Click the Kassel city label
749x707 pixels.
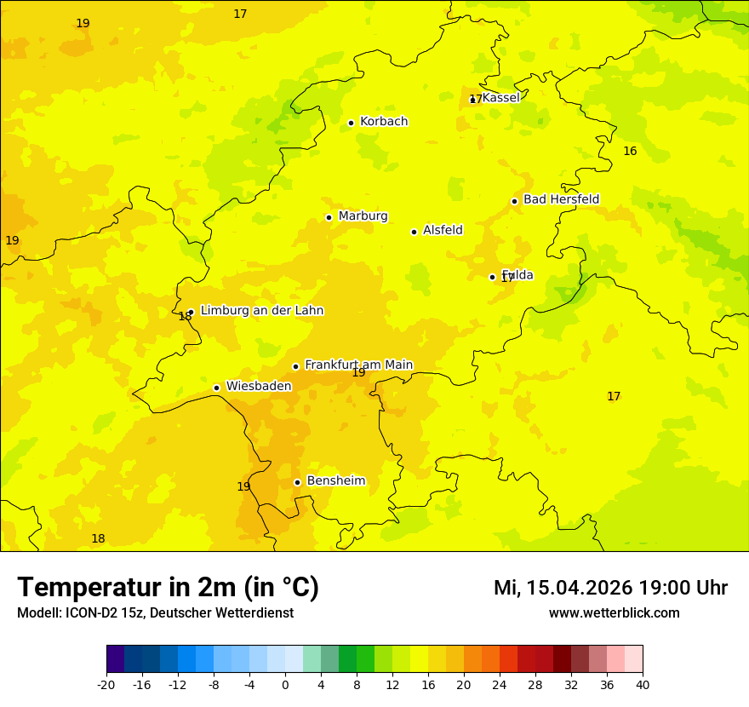coord(500,98)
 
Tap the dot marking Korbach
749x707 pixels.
coord(351,123)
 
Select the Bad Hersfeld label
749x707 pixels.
coord(561,199)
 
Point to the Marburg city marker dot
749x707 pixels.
coord(329,217)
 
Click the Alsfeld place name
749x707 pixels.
coord(443,230)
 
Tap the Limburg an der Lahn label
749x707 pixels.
coord(261,311)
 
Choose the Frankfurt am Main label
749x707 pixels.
coord(358,365)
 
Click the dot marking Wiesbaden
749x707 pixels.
coord(216,388)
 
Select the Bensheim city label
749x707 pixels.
coord(335,480)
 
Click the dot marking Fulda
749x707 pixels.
coord(492,277)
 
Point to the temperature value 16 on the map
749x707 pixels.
coord(630,151)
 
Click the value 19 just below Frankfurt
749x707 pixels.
coord(358,373)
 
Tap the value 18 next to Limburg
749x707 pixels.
coord(184,317)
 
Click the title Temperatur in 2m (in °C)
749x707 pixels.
coord(168,587)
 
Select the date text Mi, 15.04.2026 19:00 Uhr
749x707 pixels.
coord(610,588)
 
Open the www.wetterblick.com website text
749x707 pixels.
coord(614,613)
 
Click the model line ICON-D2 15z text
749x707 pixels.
coord(155,613)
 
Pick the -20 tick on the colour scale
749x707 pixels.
coord(106,685)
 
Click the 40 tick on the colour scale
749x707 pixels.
coord(643,685)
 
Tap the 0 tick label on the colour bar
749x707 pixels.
coord(285,685)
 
